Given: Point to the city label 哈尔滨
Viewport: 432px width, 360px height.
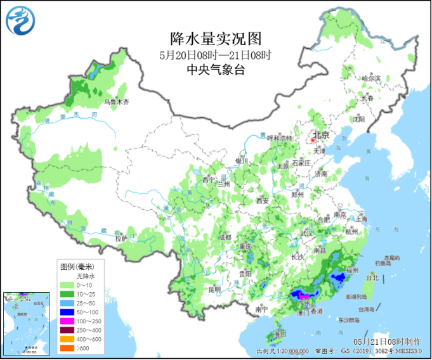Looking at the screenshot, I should (x=371, y=79).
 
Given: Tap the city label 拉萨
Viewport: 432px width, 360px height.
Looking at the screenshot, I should (x=121, y=238).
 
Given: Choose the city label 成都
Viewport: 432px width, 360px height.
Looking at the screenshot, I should (x=225, y=237).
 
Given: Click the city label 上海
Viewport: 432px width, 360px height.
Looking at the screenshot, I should (x=362, y=218).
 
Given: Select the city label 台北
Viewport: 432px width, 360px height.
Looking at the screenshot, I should (x=372, y=278).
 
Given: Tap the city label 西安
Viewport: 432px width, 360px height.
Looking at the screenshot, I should (x=263, y=202).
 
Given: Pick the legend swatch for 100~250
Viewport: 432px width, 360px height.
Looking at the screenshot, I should (x=66, y=321).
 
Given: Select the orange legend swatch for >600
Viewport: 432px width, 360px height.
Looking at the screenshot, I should (x=66, y=348).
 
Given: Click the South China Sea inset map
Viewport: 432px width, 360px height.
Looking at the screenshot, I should (x=25, y=323).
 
